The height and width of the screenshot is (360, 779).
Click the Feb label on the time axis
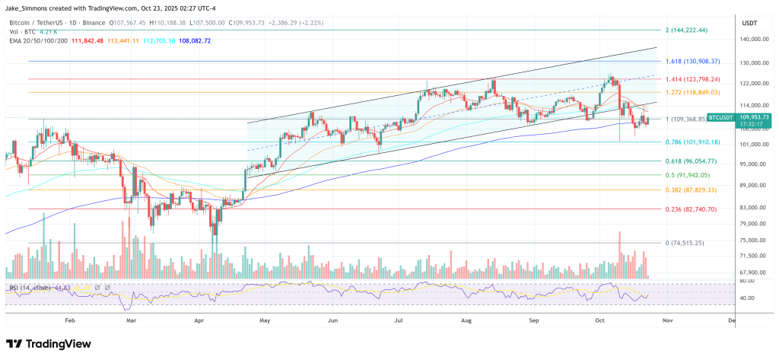click(x=70, y=321)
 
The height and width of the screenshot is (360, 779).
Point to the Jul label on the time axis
click(x=399, y=321)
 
